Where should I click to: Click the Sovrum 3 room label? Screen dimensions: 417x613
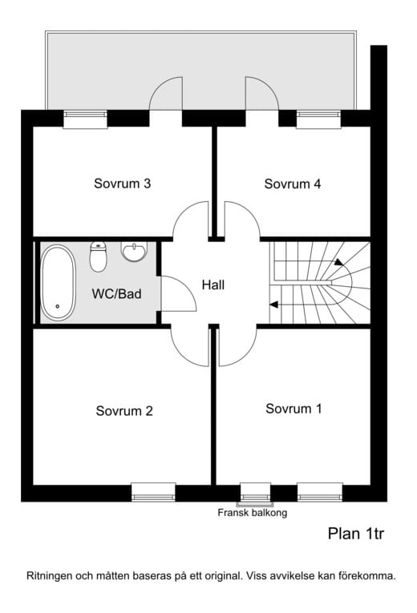(122, 183)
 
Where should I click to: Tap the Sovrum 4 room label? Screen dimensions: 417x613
(292, 183)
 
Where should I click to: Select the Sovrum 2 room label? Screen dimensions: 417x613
(124, 411)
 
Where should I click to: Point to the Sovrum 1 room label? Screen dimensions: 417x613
(294, 409)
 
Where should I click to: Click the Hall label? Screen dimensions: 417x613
(213, 284)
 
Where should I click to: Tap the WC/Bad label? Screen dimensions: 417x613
(116, 293)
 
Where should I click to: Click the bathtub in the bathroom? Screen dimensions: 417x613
(58, 283)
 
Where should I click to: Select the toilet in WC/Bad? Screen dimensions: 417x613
(98, 257)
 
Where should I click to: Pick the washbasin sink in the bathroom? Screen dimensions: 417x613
(134, 252)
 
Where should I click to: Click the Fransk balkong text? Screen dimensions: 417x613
(253, 513)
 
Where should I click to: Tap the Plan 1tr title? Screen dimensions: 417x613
(356, 534)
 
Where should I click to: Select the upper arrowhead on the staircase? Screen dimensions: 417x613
(338, 261)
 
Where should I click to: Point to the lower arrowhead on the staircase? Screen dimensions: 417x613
(273, 304)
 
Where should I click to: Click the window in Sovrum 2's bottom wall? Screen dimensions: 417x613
(153, 492)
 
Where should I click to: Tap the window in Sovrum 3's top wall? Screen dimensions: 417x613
(85, 119)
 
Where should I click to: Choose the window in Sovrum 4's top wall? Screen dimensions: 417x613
(318, 119)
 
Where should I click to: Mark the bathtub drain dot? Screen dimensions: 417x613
(58, 306)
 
